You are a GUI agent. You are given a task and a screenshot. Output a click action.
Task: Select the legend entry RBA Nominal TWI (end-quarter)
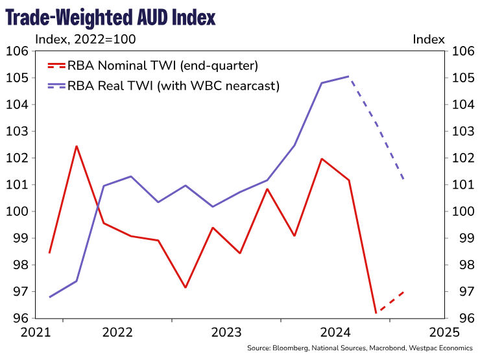163,65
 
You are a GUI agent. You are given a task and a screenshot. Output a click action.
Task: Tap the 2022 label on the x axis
117,332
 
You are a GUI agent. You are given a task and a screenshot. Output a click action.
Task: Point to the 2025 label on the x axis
444,332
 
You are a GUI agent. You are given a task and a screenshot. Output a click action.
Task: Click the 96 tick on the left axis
19,318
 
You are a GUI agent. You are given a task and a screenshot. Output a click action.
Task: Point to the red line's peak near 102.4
77,146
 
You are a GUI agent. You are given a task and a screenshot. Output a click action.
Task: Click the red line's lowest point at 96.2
376,313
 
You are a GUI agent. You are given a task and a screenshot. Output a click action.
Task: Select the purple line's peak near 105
349,77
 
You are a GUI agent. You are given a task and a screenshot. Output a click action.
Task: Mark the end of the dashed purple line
403,179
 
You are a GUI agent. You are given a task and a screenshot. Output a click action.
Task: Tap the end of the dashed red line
403,292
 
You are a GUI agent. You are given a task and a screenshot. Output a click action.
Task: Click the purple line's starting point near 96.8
49,297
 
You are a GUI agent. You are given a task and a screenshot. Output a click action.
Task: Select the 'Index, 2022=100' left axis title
85,40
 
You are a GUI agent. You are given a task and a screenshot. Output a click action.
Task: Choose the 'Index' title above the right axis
429,40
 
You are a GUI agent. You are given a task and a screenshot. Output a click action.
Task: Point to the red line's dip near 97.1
186,287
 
